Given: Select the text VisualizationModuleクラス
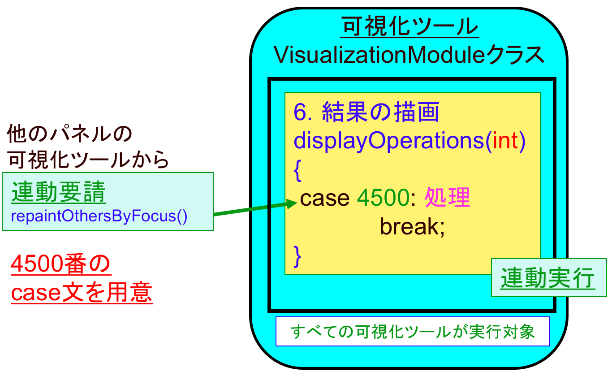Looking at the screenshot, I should pos(409,56).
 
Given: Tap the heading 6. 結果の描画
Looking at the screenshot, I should pos(366,112).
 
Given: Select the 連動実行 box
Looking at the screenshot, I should pos(547,278).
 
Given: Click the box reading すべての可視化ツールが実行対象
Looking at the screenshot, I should pos(412,332).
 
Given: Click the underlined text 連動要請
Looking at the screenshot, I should pos(58,194).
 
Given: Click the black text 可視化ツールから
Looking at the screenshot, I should pos(88,159).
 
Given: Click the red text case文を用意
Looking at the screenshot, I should pos(82,293).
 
